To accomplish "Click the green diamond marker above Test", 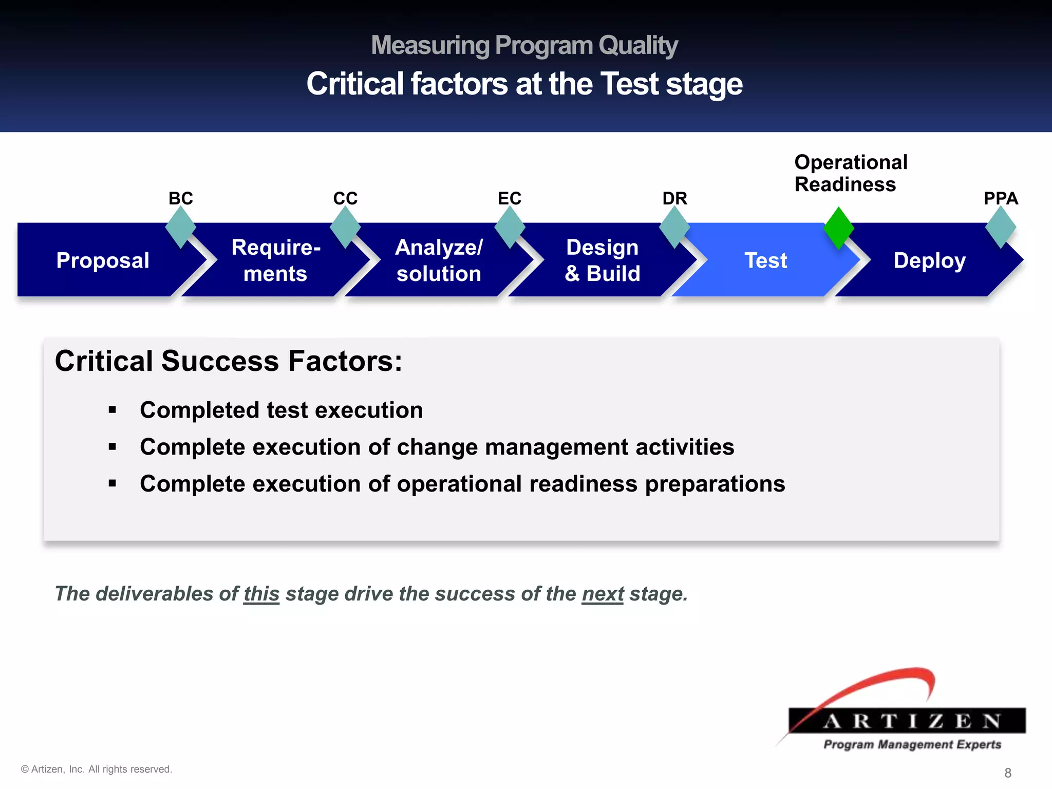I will pyautogui.click(x=838, y=228).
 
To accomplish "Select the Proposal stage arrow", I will pyautogui.click(x=103, y=260).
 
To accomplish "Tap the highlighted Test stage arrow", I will pyautogui.click(x=765, y=260).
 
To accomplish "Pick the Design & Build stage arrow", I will pyautogui.click(x=602, y=260).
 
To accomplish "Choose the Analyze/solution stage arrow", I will pyautogui.click(x=439, y=260).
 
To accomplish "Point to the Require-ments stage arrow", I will pyautogui.click(x=276, y=260).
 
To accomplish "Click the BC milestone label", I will pyautogui.click(x=181, y=198).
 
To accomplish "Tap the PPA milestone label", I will pyautogui.click(x=1001, y=198).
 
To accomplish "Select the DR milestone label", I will pyautogui.click(x=674, y=198).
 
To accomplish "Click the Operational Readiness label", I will pyautogui.click(x=851, y=173).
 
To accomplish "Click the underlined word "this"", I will pyautogui.click(x=261, y=594).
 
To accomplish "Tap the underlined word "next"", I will pyautogui.click(x=603, y=594).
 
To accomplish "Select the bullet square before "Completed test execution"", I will pyautogui.click(x=112, y=410).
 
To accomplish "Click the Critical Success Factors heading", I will pyautogui.click(x=229, y=361).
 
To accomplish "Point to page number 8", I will pyautogui.click(x=1008, y=773).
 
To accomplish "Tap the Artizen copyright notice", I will pyautogui.click(x=97, y=769).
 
